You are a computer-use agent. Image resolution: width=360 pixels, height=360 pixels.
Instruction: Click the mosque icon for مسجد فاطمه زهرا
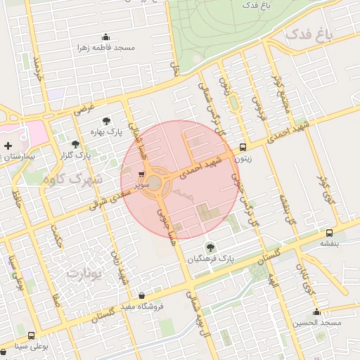(x=106, y=37)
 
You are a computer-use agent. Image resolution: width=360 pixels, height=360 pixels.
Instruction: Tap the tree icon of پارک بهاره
(x=106, y=121)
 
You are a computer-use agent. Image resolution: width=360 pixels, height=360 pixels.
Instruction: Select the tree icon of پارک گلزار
(x=76, y=144)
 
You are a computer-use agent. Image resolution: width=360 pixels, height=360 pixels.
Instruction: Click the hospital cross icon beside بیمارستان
(x=8, y=146)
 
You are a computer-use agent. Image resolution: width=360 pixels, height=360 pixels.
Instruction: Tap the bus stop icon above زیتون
(x=243, y=148)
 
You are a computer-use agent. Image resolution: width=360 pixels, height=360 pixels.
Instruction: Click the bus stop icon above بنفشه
(x=329, y=233)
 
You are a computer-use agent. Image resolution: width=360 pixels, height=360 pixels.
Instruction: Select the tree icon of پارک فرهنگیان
(x=209, y=247)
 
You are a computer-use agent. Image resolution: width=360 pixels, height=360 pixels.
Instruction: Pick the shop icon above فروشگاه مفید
(x=143, y=295)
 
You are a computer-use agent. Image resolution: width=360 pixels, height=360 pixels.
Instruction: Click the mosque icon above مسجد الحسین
(x=316, y=311)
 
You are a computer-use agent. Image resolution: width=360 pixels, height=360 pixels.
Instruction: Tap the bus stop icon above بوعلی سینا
(x=30, y=335)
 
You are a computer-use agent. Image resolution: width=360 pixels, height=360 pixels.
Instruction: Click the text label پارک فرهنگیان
(x=210, y=259)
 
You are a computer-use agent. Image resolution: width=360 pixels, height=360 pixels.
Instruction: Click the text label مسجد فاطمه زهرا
(x=106, y=48)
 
